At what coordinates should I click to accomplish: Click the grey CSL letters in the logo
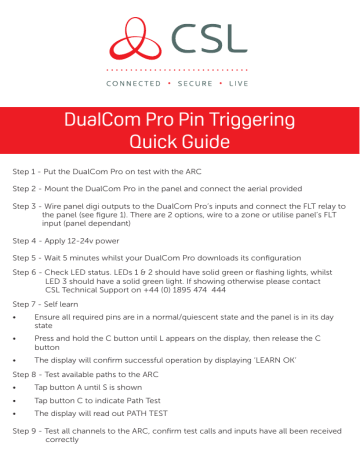coord(207,37)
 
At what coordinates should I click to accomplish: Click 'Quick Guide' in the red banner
coord(179,141)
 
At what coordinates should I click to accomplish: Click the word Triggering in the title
coord(245,119)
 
